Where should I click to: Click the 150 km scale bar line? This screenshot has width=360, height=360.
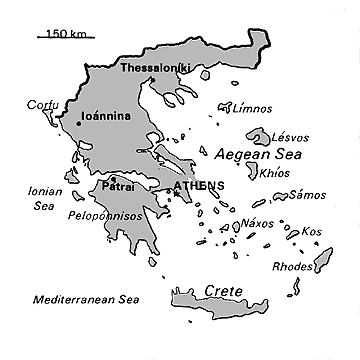(66, 39)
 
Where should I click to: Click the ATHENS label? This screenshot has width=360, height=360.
(198, 186)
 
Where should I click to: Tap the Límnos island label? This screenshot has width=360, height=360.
(251, 108)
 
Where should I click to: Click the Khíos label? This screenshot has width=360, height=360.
(274, 172)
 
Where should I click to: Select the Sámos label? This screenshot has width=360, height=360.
(307, 195)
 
